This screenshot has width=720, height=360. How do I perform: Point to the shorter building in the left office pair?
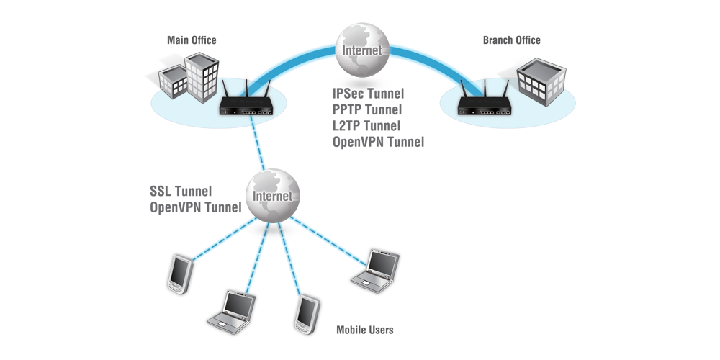(174, 82)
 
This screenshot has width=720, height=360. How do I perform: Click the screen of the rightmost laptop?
(381, 262)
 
